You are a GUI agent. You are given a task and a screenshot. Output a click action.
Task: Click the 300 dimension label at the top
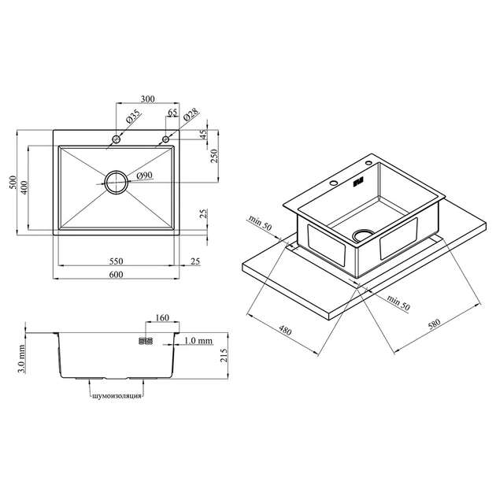tap(148, 99)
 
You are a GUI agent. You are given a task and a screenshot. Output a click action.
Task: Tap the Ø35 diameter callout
tap(133, 116)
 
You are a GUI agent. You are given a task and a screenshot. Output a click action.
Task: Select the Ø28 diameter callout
tap(191, 114)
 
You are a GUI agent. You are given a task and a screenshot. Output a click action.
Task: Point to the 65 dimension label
tap(172, 113)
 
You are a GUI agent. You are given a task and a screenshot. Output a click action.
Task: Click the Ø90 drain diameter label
tap(145, 176)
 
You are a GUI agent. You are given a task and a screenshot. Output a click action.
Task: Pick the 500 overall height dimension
tap(13, 182)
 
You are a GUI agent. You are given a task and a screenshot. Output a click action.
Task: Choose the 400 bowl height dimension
tap(24, 187)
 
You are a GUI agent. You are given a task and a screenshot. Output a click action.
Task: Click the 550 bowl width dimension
tap(116, 261)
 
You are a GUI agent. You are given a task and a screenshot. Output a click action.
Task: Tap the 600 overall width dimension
tap(116, 274)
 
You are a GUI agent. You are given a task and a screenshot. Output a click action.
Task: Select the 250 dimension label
tap(214, 156)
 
